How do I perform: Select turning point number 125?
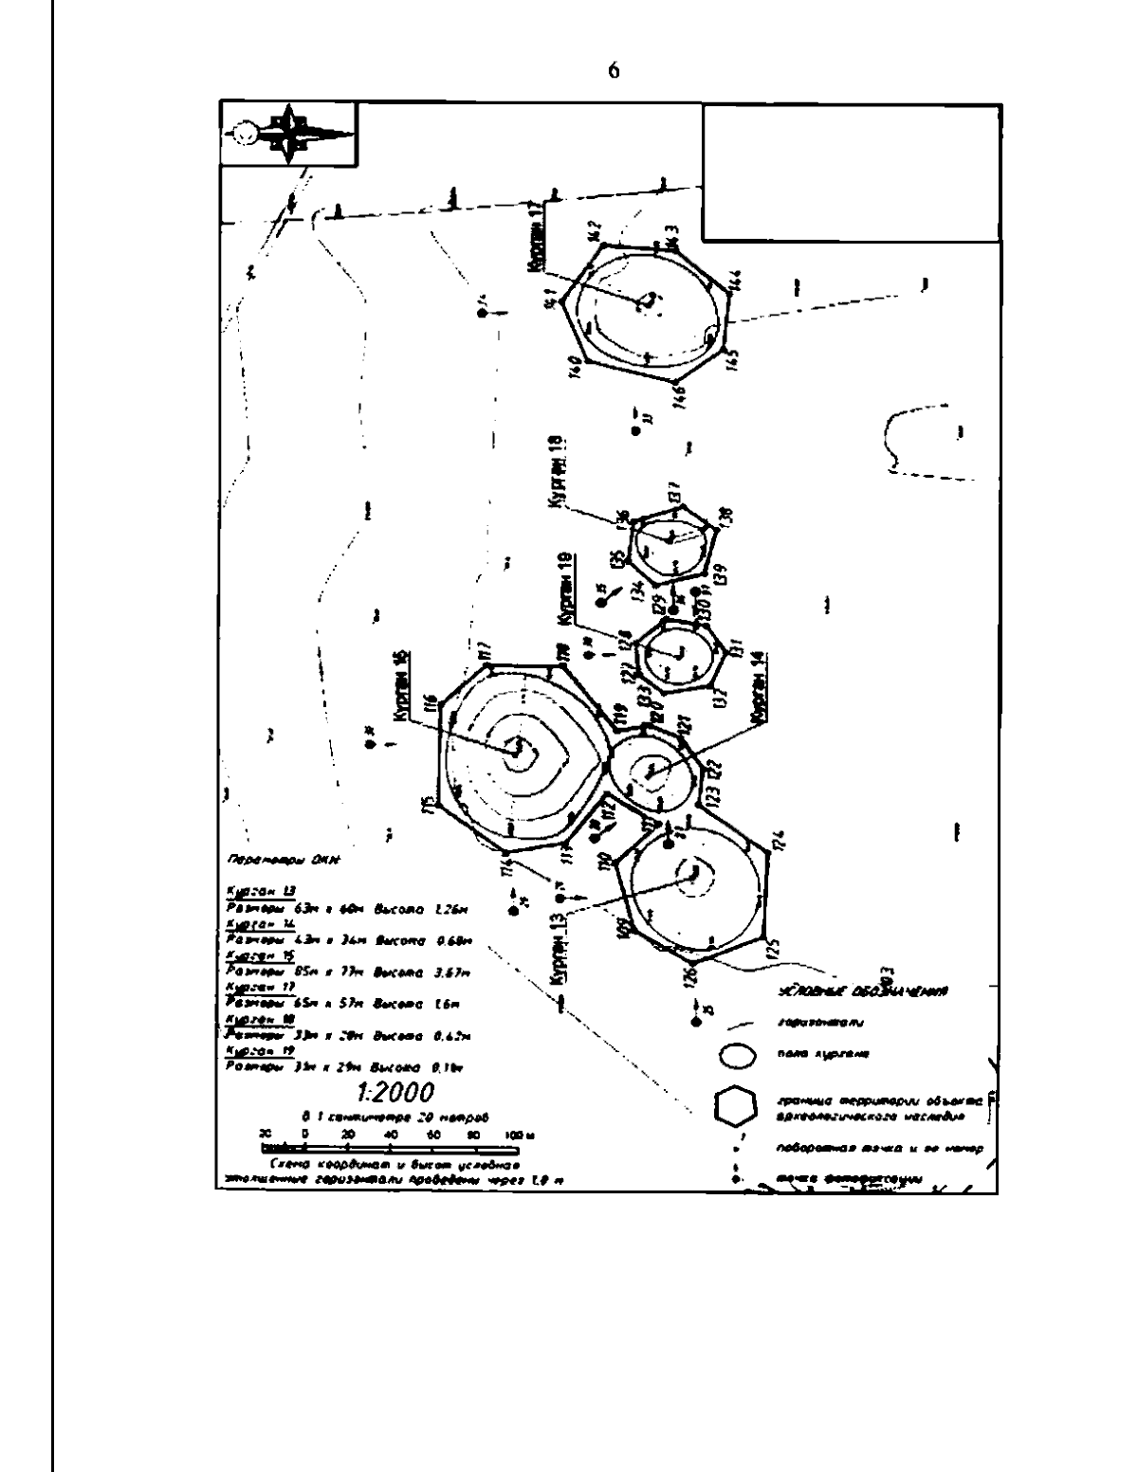771,949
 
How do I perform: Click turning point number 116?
431,702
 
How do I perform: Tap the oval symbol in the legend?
737,1053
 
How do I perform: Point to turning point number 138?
726,518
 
